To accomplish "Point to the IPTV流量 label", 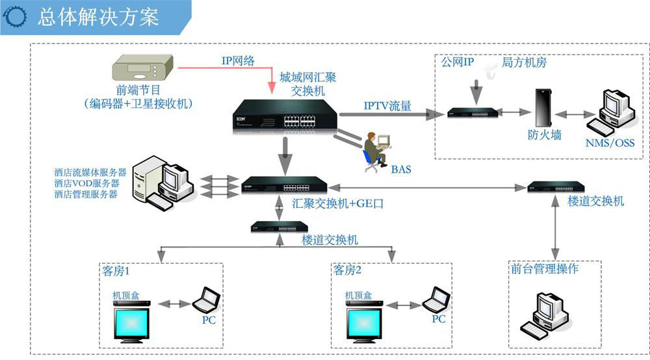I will tap(387, 106).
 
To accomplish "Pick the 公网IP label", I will tap(458, 62).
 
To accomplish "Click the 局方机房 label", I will tap(524, 62).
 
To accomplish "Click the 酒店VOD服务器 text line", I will tap(87, 183).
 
